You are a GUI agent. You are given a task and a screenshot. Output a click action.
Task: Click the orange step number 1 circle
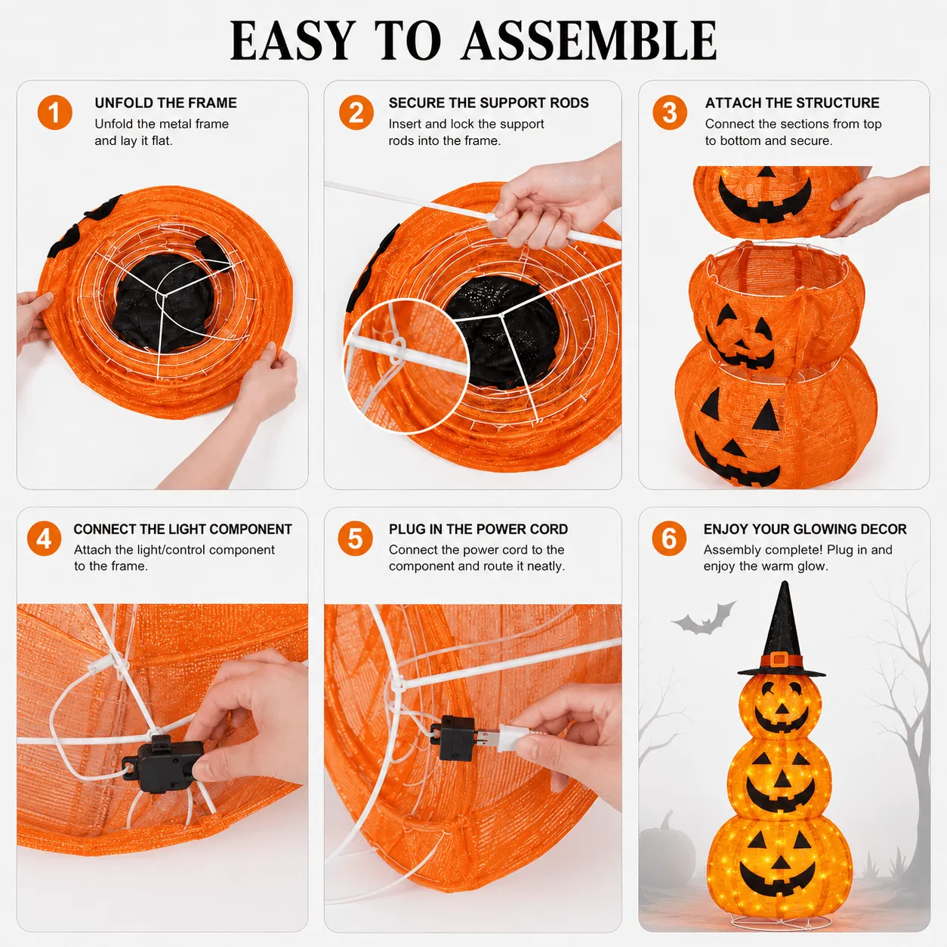point(54,113)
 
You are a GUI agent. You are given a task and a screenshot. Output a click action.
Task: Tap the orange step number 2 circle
point(356,113)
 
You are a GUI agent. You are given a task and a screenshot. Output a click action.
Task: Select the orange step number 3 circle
point(670,113)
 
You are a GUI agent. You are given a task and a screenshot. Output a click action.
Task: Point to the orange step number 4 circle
point(45,538)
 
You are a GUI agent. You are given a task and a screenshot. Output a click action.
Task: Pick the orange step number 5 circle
point(355,538)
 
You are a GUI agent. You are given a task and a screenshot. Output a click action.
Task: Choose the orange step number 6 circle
point(669,538)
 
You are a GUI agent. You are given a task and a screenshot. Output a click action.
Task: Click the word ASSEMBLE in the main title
point(589,41)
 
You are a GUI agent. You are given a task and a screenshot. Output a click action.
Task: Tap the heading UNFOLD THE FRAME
point(165,103)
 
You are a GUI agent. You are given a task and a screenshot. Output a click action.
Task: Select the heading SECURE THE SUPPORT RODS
point(489,103)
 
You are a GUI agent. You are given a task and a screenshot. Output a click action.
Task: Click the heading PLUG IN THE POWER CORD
point(478,529)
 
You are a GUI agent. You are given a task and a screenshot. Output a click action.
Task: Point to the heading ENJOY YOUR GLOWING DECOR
point(805,529)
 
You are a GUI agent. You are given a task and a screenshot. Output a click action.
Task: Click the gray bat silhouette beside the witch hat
point(704,618)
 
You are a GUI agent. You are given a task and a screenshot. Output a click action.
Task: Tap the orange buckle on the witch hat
point(780,659)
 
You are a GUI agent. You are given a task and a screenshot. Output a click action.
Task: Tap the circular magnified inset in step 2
point(406,366)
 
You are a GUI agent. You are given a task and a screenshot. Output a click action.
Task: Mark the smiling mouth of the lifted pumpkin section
point(765,200)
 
